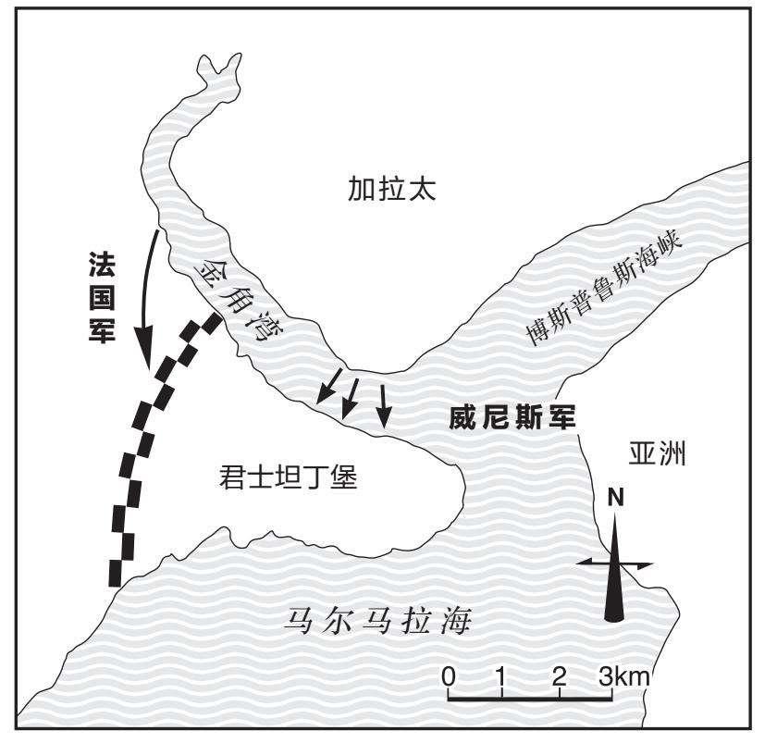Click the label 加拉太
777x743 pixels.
pyautogui.click(x=391, y=189)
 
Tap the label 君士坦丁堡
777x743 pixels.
pyautogui.click(x=288, y=477)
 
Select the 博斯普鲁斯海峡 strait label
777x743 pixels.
pyautogui.click(x=605, y=289)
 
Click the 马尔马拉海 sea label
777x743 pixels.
pyautogui.click(x=377, y=621)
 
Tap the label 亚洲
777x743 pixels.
pyautogui.click(x=657, y=453)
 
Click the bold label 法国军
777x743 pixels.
pyautogui.click(x=102, y=297)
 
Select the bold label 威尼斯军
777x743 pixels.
pyautogui.click(x=512, y=418)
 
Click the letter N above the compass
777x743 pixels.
pyautogui.click(x=615, y=498)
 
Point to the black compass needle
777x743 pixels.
pyautogui.click(x=615, y=568)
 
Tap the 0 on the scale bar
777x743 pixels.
pyautogui.click(x=449, y=675)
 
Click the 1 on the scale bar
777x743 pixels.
pyautogui.click(x=502, y=675)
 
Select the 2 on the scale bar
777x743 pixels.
pyautogui.click(x=560, y=675)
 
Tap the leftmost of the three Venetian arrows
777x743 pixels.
pyautogui.click(x=328, y=385)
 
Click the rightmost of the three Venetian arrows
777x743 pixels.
pyautogui.click(x=383, y=405)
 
